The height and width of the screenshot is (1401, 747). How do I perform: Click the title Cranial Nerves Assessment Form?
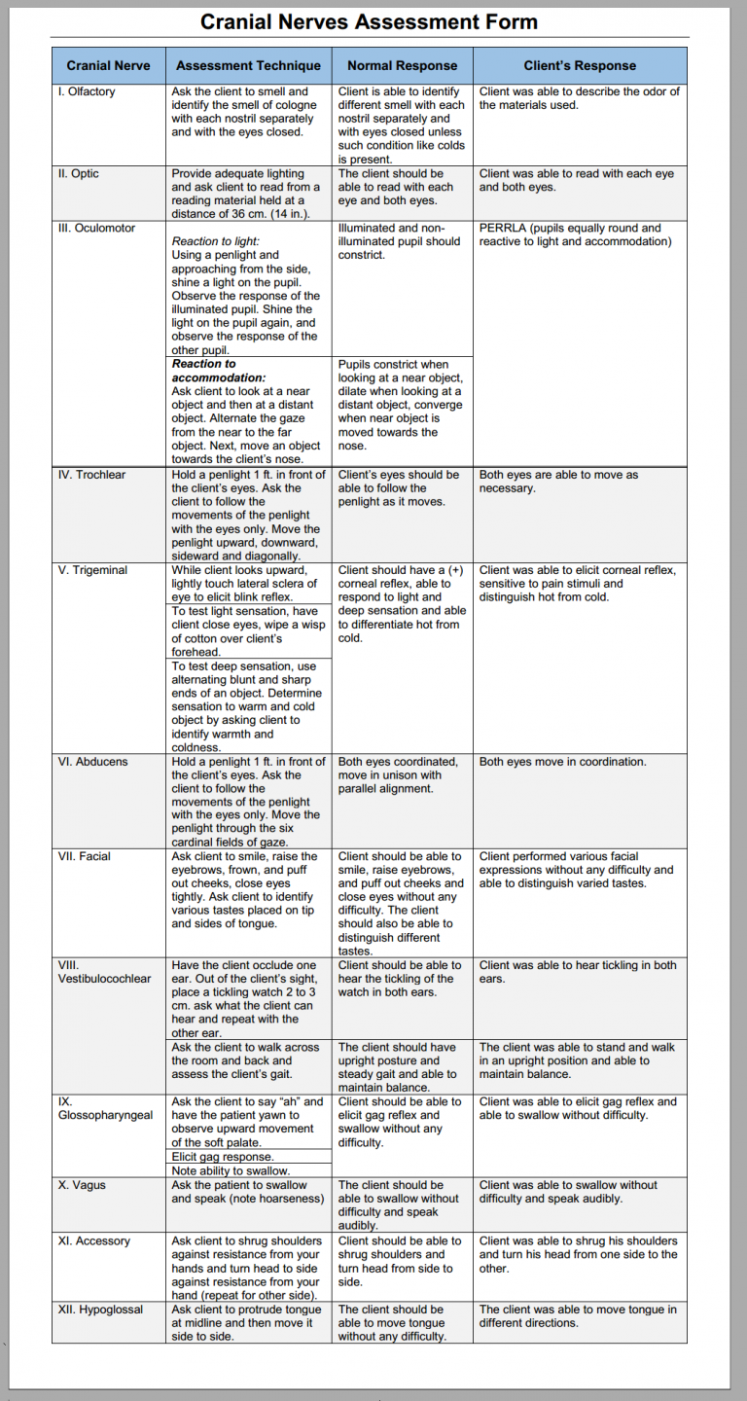369,21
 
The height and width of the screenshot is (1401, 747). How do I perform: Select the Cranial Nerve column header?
108,65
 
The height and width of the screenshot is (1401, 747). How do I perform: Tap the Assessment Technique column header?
248,65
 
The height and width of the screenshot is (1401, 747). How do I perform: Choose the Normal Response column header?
402,65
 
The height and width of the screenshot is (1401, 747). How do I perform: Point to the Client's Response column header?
580,65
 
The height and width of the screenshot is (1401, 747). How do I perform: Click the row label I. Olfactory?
87,91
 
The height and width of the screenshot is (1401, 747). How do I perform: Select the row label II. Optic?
79,173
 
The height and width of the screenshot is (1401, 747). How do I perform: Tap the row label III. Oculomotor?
96,228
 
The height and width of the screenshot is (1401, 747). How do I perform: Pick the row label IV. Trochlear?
91,475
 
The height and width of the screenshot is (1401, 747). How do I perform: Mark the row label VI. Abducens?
92,762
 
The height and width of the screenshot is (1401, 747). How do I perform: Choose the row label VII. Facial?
85,856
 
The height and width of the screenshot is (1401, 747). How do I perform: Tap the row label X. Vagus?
85,1185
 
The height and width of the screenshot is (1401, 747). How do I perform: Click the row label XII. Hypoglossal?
100,1310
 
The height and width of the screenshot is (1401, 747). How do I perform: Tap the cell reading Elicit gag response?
223,1157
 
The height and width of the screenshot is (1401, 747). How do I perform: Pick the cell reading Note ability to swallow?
231,1170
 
